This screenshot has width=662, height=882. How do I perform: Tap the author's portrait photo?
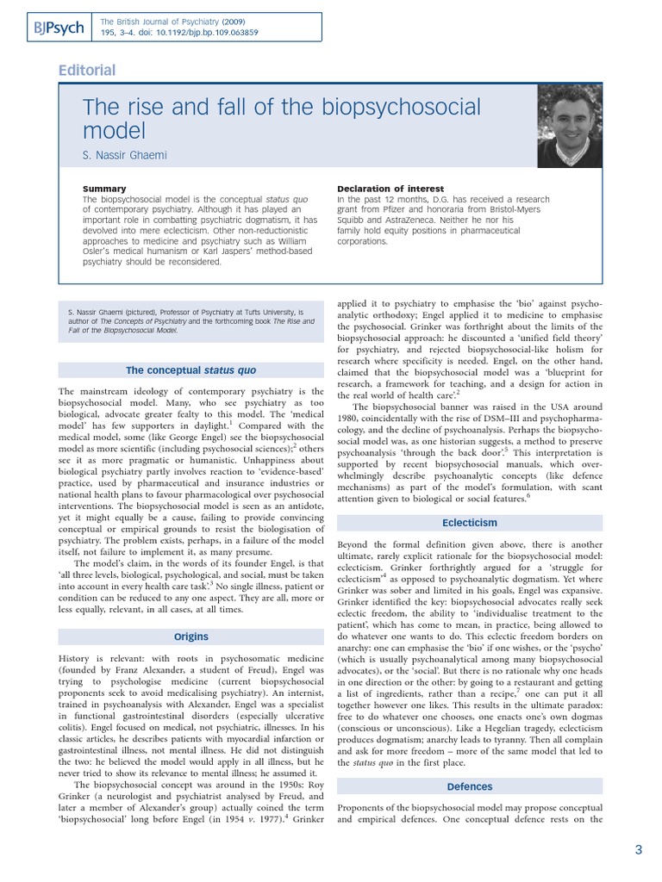570,127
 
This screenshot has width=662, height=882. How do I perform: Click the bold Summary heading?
103,189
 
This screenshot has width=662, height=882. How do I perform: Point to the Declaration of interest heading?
390,189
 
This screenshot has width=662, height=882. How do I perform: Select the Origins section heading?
190,637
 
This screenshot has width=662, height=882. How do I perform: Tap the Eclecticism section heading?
470,523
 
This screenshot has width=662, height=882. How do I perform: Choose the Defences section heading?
470,786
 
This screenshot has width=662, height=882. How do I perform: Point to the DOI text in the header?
204,33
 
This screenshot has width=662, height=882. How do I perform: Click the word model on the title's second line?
115,132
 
